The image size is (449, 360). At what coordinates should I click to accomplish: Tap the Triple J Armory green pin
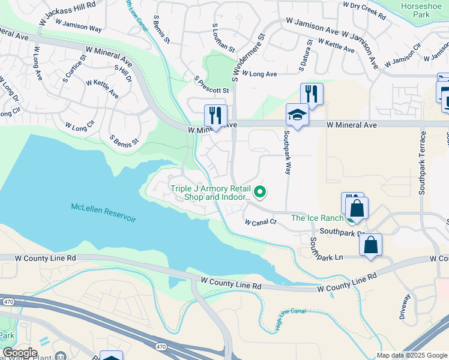pyautogui.click(x=260, y=192)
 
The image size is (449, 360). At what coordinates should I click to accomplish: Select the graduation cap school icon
pyautogui.click(x=297, y=113)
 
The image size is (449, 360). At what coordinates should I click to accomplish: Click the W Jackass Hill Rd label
pyautogui.click(x=67, y=13)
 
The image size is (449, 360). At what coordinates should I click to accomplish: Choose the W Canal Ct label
pyautogui.click(x=260, y=222)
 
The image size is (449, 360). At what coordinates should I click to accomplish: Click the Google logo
pyautogui.click(x=19, y=353)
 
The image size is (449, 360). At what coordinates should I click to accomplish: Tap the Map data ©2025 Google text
pyautogui.click(x=411, y=355)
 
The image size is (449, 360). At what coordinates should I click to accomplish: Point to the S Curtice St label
pyautogui.click(x=75, y=69)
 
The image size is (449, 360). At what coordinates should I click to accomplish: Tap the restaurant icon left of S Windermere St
pyautogui.click(x=215, y=115)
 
